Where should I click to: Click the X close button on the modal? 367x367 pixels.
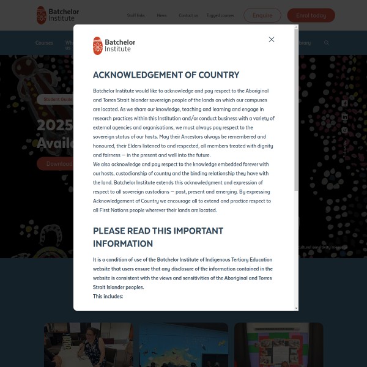[272, 40]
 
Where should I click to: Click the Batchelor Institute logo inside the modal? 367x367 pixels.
[114, 46]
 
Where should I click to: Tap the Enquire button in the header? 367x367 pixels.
[262, 15]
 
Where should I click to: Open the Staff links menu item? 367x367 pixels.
[136, 15]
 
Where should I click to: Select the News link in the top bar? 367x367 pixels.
[161, 15]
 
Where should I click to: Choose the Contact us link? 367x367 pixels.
[188, 15]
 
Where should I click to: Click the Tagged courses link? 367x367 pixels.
[220, 15]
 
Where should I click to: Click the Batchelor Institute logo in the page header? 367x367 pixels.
[58, 15]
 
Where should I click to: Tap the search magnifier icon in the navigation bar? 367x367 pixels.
[327, 43]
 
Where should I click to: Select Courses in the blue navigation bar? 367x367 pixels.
[44, 43]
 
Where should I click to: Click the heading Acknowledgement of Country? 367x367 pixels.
[166, 75]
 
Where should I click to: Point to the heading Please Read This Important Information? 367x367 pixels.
[158, 236]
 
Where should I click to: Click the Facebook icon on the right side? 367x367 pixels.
[344, 104]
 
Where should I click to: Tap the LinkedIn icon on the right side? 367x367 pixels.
[344, 117]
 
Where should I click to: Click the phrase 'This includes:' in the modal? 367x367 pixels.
[108, 296]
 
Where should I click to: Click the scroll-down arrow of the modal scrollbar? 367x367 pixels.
[297, 308]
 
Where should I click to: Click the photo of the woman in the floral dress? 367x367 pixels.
[89, 346]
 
